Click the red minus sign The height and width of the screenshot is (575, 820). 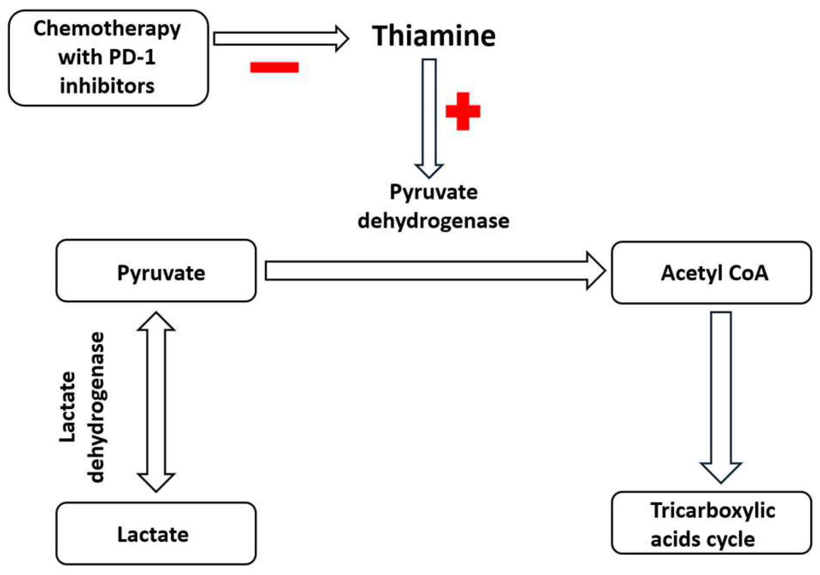pos(274,67)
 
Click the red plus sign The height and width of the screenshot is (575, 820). pos(463,111)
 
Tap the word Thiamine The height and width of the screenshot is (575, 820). pos(433,36)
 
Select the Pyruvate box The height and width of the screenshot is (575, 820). pos(156,271)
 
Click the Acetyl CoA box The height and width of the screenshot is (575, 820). pos(711,273)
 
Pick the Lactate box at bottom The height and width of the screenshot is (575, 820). pos(156,534)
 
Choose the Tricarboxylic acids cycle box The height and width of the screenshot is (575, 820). pos(711,523)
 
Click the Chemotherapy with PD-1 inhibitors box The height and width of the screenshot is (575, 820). pos(108,58)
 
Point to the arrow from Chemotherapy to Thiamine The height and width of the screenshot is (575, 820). pos(280,39)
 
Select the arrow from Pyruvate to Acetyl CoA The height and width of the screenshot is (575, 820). pos(432,271)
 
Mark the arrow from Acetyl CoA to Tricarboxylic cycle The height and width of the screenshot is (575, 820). pos(721,395)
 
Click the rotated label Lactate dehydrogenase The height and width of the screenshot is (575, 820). pos(82,407)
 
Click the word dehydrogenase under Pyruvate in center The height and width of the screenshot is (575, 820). pos(433,221)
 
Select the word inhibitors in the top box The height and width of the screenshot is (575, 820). pos(107,85)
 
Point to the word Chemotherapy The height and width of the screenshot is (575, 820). pos(107,29)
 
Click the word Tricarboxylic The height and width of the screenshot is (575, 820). pos(713,510)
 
